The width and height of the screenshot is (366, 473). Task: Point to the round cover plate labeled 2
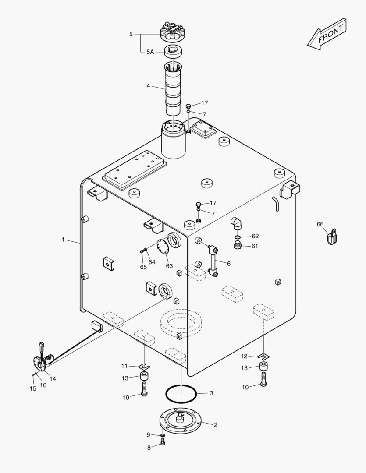click(180, 421)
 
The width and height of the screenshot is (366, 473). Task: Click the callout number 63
click(169, 266)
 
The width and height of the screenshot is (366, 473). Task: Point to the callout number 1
click(63, 240)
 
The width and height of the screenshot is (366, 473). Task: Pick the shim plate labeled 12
click(264, 356)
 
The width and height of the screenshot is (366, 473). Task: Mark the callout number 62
click(255, 236)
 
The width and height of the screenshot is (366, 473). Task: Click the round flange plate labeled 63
click(163, 247)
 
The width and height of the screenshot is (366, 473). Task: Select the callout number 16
click(43, 385)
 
